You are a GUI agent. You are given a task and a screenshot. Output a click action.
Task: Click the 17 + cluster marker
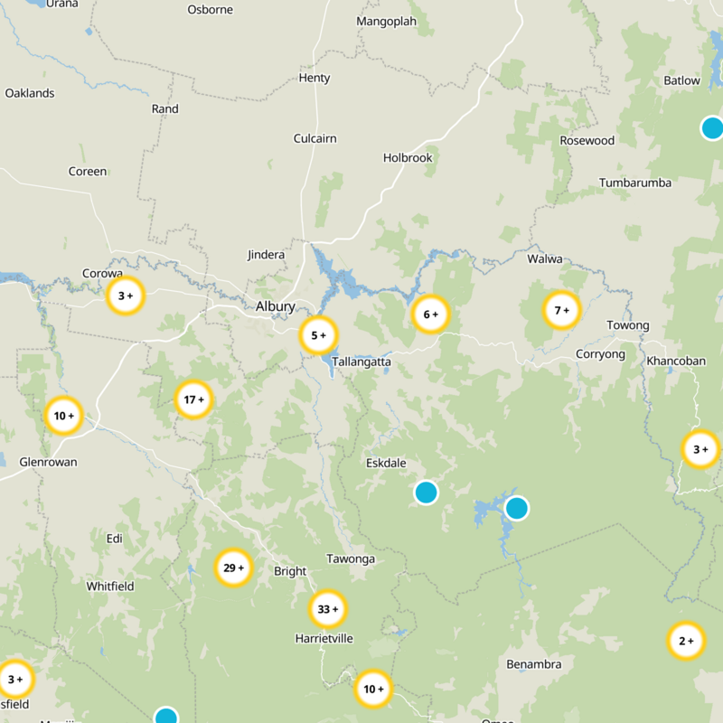point(193,399)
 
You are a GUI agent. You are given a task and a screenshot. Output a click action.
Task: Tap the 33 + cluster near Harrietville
point(327,609)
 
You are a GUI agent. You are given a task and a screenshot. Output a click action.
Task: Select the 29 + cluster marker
point(233,568)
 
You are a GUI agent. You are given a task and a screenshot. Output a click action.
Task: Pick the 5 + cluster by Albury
point(318,335)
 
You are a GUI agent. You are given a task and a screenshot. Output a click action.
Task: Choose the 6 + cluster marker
point(430,315)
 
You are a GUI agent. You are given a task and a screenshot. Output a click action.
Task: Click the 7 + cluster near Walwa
point(561,310)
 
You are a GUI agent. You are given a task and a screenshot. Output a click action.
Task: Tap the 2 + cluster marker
point(686,641)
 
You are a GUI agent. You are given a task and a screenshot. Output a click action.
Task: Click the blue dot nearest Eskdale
point(426,493)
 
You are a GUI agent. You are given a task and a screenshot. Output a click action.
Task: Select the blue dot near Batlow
point(712,127)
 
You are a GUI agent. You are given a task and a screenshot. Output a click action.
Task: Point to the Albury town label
point(275,306)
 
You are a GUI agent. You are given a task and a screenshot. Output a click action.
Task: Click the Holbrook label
point(408,157)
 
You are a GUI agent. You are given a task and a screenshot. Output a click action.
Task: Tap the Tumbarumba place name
point(635,183)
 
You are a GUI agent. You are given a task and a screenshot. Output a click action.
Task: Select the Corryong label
point(600,354)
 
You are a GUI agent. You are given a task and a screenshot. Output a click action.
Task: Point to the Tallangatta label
point(361,361)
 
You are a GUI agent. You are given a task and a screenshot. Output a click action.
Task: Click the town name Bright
point(290,571)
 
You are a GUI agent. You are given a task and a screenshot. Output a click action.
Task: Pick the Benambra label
point(534,664)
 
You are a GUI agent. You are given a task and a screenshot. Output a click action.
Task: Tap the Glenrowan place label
point(48,462)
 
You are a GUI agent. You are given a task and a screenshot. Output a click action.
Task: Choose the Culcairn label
point(315,138)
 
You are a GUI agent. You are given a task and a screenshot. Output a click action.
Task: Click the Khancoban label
point(676,361)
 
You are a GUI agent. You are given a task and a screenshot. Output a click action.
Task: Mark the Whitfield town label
point(110,587)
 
